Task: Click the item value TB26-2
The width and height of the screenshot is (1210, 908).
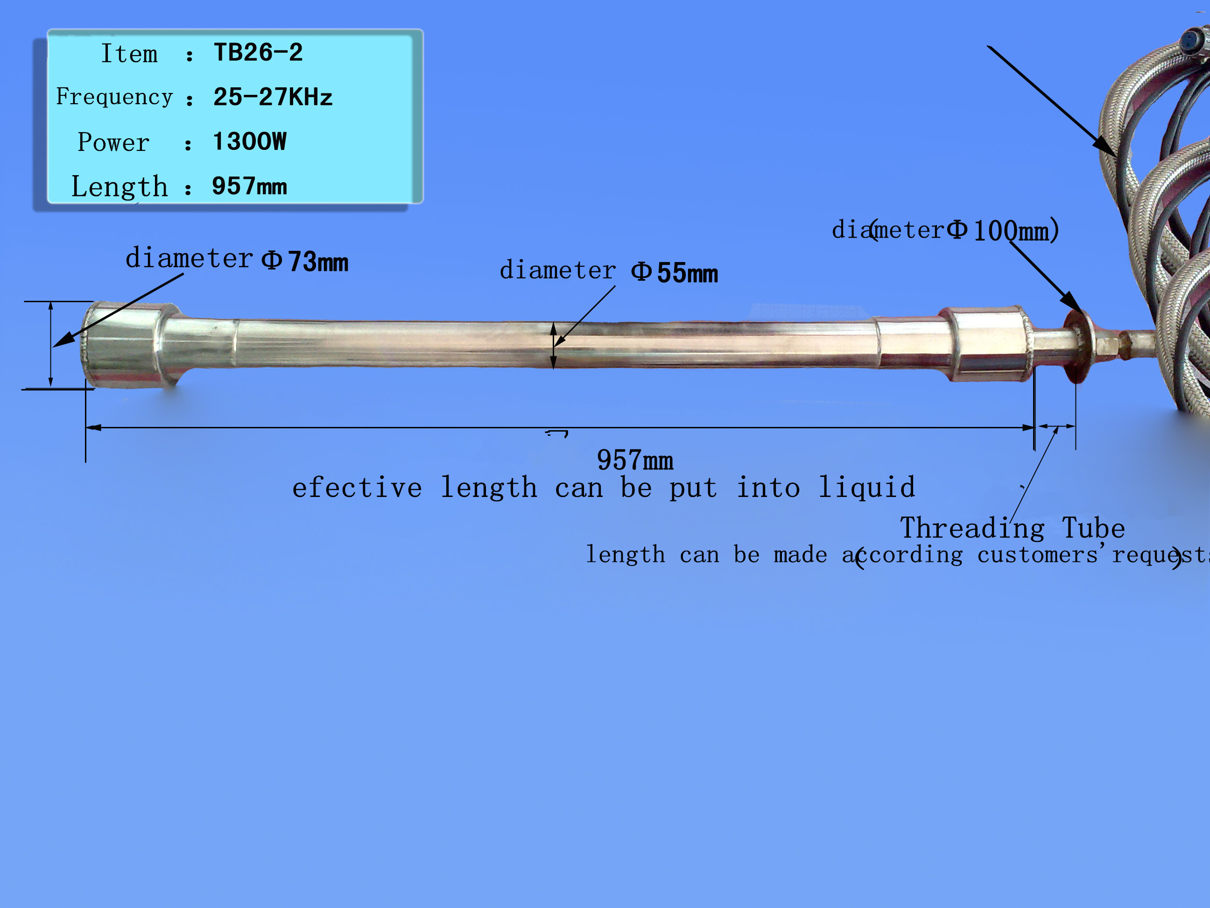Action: (x=258, y=52)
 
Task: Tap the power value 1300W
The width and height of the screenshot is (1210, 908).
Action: (x=249, y=141)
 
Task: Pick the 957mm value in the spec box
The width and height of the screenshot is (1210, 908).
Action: (x=249, y=186)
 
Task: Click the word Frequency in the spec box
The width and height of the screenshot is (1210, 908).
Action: (x=114, y=97)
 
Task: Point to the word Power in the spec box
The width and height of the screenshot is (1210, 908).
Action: (x=113, y=142)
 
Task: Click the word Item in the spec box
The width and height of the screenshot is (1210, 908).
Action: (x=129, y=54)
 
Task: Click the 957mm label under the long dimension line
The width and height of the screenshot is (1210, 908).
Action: (x=635, y=460)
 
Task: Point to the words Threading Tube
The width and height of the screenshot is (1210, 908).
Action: (x=1013, y=528)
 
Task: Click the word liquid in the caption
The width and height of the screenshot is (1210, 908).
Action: (x=867, y=487)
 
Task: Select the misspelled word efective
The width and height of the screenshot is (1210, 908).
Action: (x=357, y=487)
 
